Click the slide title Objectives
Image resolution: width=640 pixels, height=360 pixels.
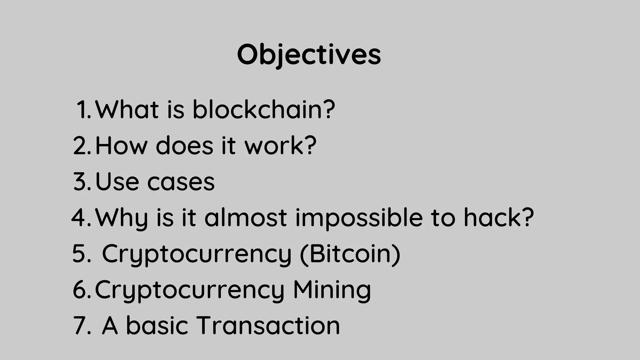(309, 55)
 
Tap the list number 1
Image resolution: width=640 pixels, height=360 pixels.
(83, 110)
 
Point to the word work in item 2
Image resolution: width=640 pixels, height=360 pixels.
(274, 146)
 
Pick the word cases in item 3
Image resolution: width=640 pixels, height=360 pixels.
(181, 182)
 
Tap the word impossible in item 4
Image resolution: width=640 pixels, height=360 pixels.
(359, 218)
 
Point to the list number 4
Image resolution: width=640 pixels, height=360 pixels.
(81, 218)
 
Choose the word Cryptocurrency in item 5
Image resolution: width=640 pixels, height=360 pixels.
(197, 254)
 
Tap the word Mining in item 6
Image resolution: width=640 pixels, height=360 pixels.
(332, 290)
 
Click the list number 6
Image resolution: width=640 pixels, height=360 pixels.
(81, 290)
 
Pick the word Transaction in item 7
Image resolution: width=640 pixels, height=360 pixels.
(268, 326)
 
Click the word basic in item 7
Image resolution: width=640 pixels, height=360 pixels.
(157, 326)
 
